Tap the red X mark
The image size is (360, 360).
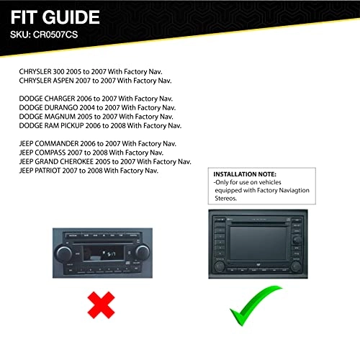tap(102, 304)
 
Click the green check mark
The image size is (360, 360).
tap(256, 304)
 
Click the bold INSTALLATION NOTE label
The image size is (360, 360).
tap(247, 174)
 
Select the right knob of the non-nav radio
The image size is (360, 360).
tap(141, 253)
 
